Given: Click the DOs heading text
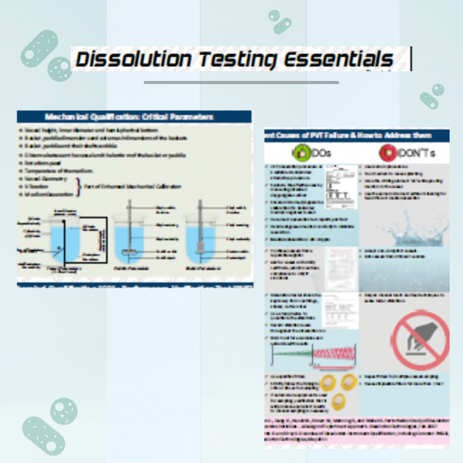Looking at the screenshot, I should [321, 153].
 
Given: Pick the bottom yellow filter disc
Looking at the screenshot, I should [340, 402].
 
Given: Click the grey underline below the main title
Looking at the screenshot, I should [241, 82].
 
